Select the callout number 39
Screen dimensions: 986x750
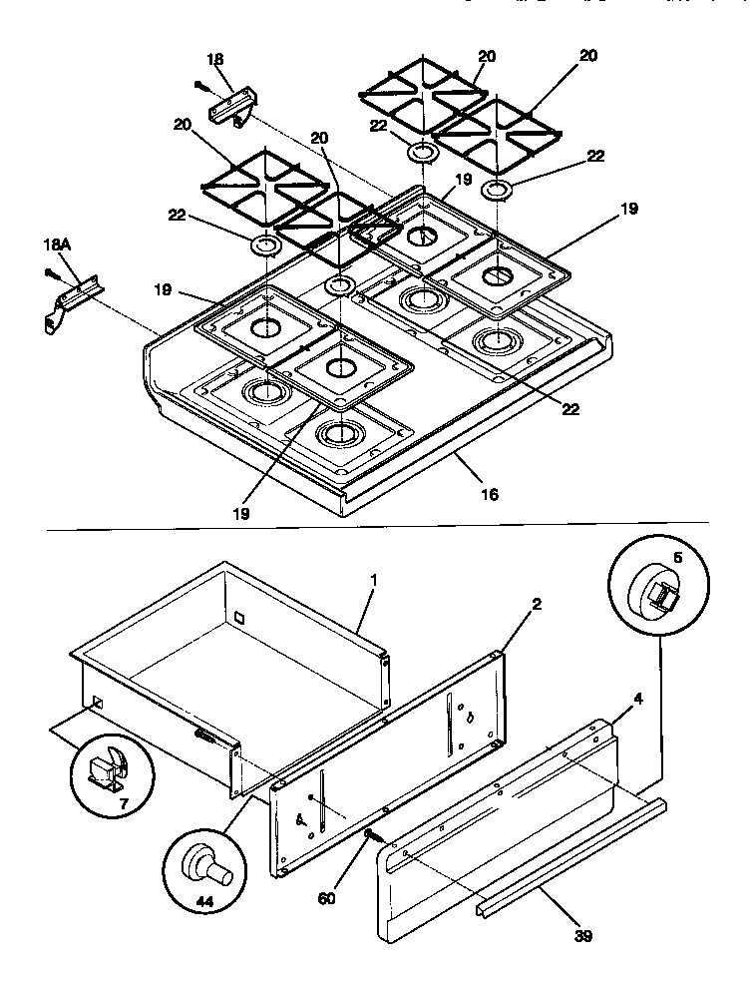pyautogui.click(x=583, y=936)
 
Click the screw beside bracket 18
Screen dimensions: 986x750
pyautogui.click(x=202, y=86)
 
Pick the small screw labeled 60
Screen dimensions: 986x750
pyautogui.click(x=369, y=834)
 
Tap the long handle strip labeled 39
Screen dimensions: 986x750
pyautogui.click(x=568, y=849)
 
